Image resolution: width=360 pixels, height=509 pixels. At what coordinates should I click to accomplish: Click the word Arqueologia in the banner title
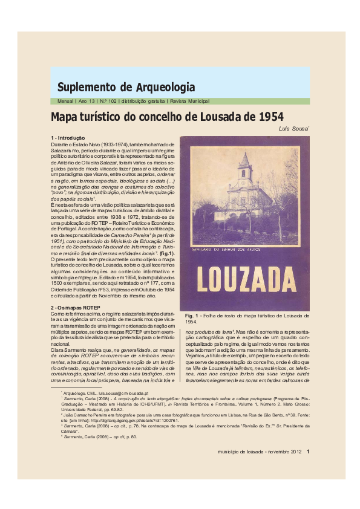coord(165,86)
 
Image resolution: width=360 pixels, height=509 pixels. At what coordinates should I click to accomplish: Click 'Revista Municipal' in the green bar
coord(188,102)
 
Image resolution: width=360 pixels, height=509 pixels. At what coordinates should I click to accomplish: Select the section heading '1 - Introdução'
coord(68,139)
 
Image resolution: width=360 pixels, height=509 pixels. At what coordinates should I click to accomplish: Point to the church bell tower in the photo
coord(244,166)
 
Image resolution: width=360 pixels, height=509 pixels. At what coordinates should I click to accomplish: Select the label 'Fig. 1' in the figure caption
coord(192,316)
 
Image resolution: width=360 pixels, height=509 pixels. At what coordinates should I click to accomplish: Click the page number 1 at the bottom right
coord(308,450)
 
